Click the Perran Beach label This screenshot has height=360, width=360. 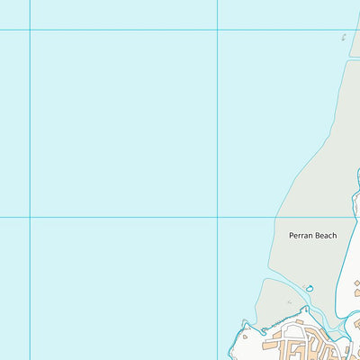tap(312, 236)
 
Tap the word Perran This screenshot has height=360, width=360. tap(301, 236)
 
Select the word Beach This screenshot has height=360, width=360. tap(325, 236)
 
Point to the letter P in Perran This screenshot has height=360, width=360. tap(291, 236)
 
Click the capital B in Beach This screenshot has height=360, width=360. tap(316, 236)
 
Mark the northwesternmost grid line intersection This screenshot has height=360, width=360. tap(30, 30)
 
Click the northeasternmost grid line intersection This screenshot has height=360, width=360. tap(217, 30)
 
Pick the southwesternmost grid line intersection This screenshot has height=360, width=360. tap(30, 217)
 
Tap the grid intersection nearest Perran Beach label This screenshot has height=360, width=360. tap(217, 217)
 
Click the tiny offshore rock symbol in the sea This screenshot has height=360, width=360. tap(344, 37)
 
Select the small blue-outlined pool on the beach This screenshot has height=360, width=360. tap(310, 288)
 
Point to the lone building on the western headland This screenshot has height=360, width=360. tap(245, 337)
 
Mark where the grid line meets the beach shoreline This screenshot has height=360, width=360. tap(276, 217)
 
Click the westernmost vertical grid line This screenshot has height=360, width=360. tap(30, 135)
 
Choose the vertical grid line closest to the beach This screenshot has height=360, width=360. tap(217, 135)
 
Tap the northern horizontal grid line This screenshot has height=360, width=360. tap(135, 30)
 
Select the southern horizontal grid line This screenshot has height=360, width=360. tap(135, 217)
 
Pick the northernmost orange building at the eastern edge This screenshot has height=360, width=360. tap(356, 283)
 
